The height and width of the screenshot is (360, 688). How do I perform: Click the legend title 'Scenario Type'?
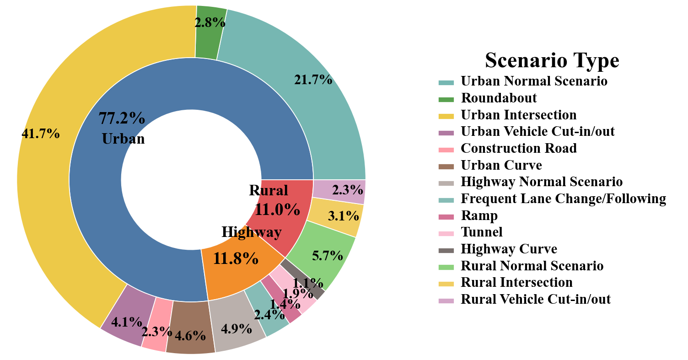click(x=552, y=60)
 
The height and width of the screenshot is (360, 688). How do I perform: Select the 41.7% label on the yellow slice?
click(x=41, y=134)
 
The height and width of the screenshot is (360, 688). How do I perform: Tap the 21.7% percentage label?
click(x=313, y=80)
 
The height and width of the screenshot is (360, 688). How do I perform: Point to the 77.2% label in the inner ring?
click(x=122, y=118)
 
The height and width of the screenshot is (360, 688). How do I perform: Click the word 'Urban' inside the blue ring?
click(x=123, y=139)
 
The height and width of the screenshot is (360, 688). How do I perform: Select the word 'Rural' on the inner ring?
click(x=269, y=190)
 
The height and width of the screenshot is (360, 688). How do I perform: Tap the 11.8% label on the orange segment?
click(x=236, y=259)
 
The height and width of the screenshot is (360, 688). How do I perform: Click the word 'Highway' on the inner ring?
click(x=251, y=232)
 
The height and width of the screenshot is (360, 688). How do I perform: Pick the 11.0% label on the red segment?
click(x=277, y=210)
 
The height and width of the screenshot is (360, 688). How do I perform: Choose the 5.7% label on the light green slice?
click(x=328, y=256)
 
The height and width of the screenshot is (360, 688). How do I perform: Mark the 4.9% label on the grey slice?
click(x=236, y=328)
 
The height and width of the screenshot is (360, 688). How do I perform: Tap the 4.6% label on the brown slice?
click(x=190, y=335)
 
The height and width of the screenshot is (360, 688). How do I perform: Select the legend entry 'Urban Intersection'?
click(x=518, y=114)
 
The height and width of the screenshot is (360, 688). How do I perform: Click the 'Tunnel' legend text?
click(x=481, y=232)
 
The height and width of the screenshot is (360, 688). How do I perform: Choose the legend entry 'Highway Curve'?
click(x=509, y=249)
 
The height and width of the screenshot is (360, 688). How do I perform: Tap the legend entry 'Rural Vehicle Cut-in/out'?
click(x=536, y=299)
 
